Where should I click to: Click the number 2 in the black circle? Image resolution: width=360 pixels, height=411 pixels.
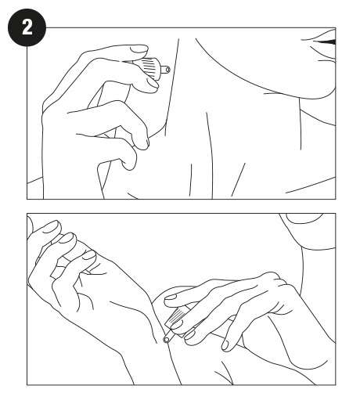(27, 27)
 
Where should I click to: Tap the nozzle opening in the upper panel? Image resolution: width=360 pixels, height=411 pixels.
(168, 70)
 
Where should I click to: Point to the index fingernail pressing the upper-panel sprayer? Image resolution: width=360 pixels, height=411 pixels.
(139, 49)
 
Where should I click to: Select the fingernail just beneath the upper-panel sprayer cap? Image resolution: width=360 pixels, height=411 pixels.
(153, 83)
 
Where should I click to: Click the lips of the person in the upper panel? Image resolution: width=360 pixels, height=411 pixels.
(322, 41)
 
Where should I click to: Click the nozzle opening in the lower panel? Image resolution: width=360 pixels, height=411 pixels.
(166, 340)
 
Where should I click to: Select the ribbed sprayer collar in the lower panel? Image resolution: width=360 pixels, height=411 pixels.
(176, 318)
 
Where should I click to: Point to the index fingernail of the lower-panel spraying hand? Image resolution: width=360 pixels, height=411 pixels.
(171, 297)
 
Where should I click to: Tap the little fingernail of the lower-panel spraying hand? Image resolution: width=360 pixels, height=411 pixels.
(225, 345)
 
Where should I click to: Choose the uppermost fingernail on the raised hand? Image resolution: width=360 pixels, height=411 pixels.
(51, 227)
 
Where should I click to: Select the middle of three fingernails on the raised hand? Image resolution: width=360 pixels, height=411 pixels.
(67, 238)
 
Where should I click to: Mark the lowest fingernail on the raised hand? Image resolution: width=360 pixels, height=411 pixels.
(89, 254)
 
